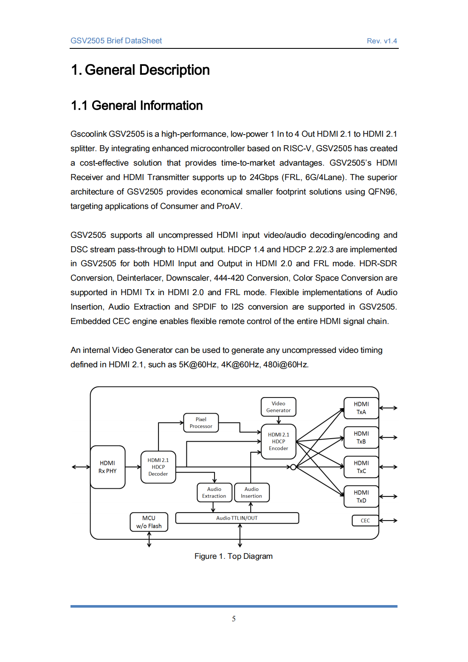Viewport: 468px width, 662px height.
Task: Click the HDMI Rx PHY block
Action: [107, 467]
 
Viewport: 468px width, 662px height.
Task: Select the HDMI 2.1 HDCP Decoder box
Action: [158, 467]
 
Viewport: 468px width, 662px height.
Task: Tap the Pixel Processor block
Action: [201, 423]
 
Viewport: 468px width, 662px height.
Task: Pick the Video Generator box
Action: [278, 407]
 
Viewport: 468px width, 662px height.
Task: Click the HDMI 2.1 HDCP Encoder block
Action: [278, 442]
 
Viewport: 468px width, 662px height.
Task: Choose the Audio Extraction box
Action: [214, 493]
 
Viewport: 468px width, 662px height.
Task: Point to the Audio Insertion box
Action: [251, 493]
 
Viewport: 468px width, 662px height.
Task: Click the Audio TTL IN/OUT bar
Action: [237, 518]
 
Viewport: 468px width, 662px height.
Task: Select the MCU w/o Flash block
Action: [149, 522]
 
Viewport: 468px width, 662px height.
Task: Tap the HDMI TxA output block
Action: [361, 408]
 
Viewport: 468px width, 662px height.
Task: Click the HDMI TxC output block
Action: [361, 467]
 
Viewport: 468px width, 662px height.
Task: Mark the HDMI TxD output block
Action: [361, 496]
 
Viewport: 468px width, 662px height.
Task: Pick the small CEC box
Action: [365, 521]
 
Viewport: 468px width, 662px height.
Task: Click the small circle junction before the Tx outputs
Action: [293, 467]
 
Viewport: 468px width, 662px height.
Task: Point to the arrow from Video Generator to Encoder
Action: [279, 420]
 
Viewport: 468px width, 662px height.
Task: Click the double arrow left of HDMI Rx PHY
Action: [81, 467]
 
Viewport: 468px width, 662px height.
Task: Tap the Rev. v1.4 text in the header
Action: [382, 41]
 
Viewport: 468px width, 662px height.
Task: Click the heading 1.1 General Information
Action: [137, 105]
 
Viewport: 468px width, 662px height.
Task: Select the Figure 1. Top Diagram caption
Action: [234, 556]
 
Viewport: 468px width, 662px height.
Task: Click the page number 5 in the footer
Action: [234, 619]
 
